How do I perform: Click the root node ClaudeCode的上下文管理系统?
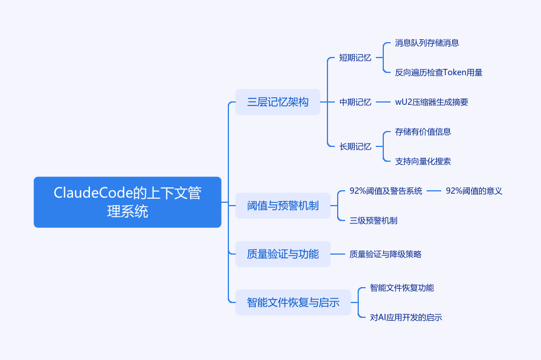(128, 202)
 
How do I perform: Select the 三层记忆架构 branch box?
(278, 102)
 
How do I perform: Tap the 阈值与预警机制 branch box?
(283, 206)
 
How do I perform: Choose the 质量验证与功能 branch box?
(283, 254)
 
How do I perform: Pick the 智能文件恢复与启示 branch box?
(293, 302)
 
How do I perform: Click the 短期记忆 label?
(355, 58)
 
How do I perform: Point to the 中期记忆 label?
(355, 102)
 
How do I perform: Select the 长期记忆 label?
(355, 147)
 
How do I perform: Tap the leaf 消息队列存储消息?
(427, 43)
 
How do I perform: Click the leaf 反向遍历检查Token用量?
(438, 72)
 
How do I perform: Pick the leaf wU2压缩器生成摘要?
(431, 102)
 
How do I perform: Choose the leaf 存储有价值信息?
(423, 132)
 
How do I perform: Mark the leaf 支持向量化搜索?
(423, 161)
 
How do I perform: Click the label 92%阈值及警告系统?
(386, 191)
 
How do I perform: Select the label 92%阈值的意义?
(474, 191)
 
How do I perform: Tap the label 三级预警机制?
(374, 220)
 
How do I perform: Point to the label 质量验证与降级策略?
(385, 255)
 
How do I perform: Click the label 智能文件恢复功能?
(401, 288)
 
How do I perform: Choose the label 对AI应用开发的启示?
(405, 317)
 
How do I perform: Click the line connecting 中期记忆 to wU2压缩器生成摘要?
(383, 102)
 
